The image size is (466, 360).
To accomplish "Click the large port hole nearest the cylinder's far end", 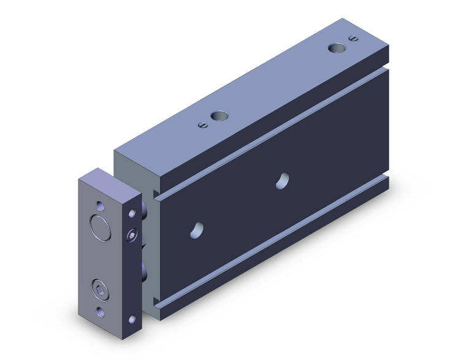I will [335, 48].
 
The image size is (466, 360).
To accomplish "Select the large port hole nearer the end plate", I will [218, 115].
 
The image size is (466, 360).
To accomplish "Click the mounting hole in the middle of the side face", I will [283, 180].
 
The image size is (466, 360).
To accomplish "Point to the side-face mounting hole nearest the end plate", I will [196, 228].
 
